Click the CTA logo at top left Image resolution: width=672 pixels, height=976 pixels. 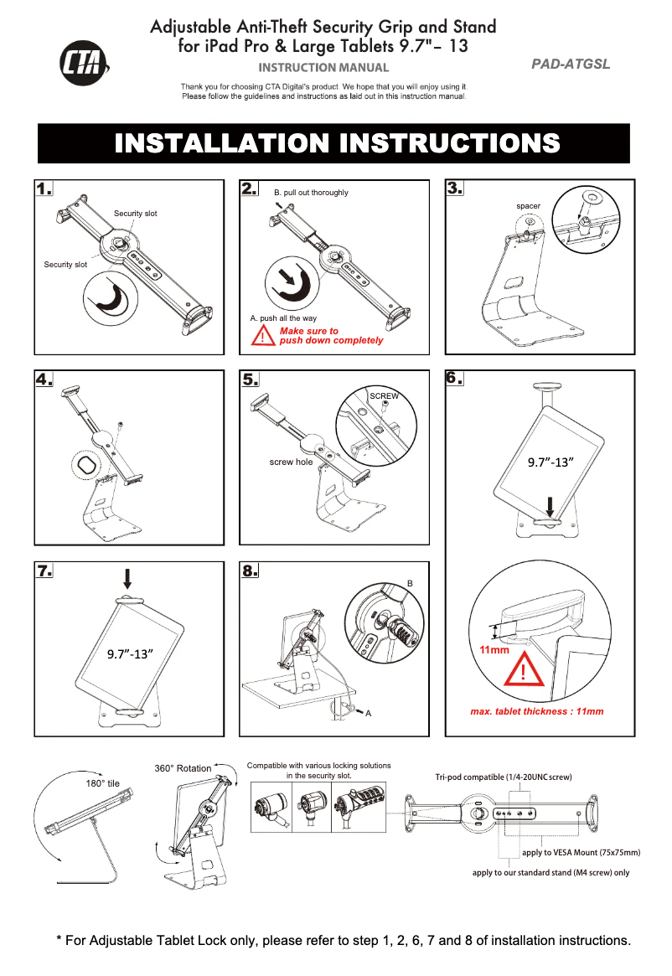click(x=84, y=64)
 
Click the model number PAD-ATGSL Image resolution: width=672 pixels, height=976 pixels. click(x=571, y=65)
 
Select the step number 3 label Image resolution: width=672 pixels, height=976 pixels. click(x=455, y=188)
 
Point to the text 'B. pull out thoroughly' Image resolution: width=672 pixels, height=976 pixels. click(x=311, y=193)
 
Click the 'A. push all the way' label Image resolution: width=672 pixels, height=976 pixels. click(x=283, y=318)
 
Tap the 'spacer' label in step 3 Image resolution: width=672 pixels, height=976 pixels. click(x=528, y=206)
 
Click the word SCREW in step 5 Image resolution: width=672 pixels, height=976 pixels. click(x=384, y=395)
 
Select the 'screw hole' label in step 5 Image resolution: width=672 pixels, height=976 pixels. click(x=291, y=462)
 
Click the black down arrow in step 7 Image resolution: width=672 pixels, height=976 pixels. click(x=127, y=578)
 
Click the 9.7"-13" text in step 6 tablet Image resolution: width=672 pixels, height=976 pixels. click(x=550, y=462)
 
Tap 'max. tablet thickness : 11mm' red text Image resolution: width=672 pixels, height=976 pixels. click(x=536, y=711)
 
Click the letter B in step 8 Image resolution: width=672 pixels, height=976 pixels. click(x=410, y=581)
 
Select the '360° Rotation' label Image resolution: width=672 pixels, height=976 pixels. click(x=183, y=768)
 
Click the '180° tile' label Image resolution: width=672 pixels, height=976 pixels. click(x=103, y=783)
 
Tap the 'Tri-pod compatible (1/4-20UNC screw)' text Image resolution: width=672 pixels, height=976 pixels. click(x=503, y=777)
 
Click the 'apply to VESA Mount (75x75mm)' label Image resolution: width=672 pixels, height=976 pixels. click(x=581, y=853)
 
